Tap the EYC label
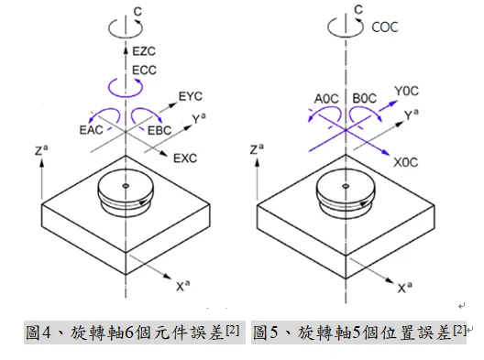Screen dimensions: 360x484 click(190, 94)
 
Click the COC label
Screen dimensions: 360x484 click(384, 28)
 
